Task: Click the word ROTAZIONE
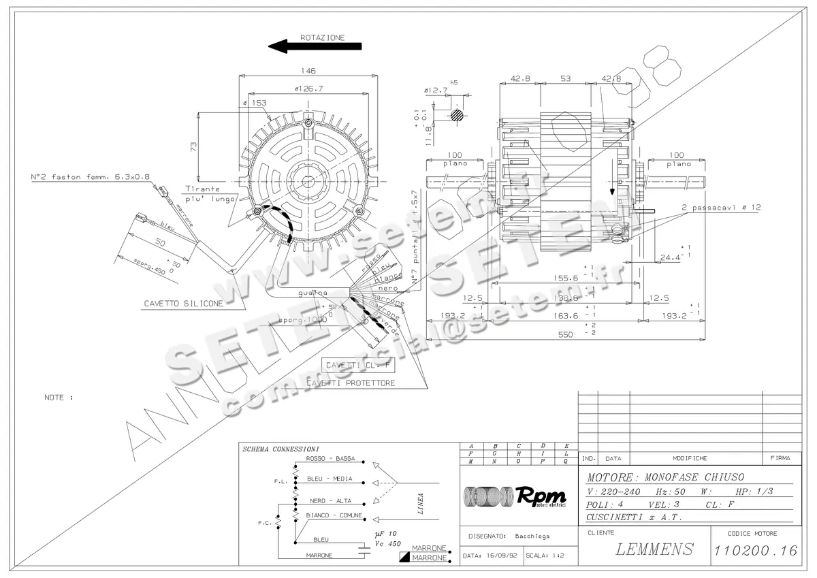pos(322,38)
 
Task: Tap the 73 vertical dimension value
pos(193,147)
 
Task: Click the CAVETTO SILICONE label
pos(183,304)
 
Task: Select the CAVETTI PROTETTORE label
pos(359,383)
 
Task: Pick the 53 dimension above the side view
pos(565,78)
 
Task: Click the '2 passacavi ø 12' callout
pos(721,207)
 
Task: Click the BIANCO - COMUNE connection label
pos(334,515)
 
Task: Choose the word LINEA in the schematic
pos(421,504)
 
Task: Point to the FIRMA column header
pos(780,458)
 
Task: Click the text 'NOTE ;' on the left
pos(58,396)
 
